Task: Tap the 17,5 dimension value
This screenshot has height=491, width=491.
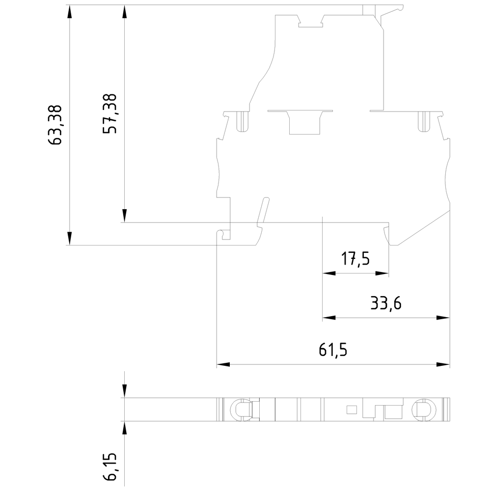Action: tap(355, 258)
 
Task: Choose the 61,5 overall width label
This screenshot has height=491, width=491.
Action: tap(333, 350)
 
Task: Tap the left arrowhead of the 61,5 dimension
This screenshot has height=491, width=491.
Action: tap(223, 365)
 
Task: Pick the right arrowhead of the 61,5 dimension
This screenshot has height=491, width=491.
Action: tap(443, 365)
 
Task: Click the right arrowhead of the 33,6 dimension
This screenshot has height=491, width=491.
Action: tap(443, 318)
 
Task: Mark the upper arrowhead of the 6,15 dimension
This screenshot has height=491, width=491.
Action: tap(125, 391)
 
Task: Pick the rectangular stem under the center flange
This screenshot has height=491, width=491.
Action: tap(304, 124)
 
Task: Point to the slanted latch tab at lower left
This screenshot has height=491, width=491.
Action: tap(263, 212)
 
